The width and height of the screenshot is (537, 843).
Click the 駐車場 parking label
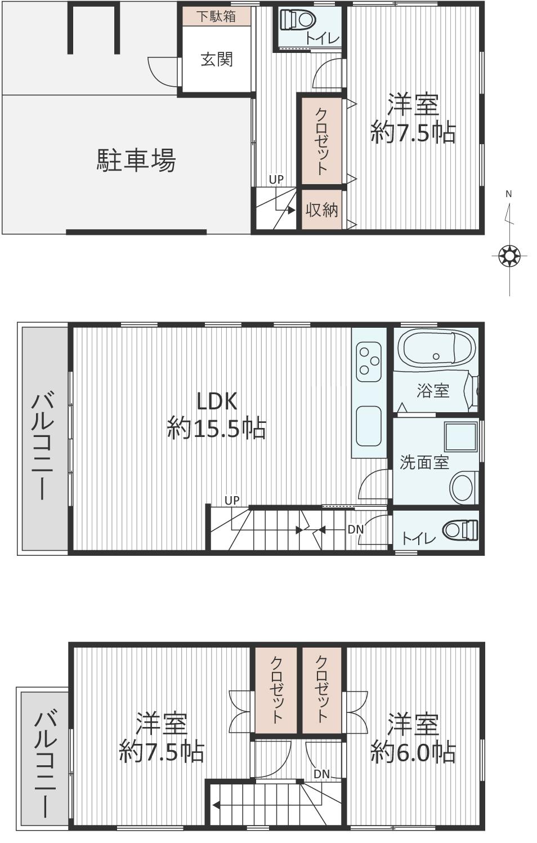tap(136, 160)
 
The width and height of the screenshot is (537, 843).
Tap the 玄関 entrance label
tap(217, 60)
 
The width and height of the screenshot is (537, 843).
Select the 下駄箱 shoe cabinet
tap(217, 16)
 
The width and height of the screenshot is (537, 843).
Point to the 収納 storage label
tap(322, 210)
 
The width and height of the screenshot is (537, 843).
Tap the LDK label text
tap(217, 401)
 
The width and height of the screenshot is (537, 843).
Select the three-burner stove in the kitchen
tap(369, 362)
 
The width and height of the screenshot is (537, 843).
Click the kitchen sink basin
tap(369, 426)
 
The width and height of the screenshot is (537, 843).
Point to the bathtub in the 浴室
tap(435, 349)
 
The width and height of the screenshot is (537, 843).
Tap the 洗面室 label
tap(424, 462)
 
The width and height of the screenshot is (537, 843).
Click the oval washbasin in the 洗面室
tap(462, 488)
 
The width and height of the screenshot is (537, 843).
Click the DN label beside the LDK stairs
tap(356, 529)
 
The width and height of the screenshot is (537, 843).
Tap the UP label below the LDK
tap(232, 501)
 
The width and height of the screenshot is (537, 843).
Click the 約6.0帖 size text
tap(413, 753)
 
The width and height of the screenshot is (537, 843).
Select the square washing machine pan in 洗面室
tap(461, 437)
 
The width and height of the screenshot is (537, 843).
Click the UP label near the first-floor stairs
tap(276, 180)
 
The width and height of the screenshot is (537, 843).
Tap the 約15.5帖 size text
tap(217, 429)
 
